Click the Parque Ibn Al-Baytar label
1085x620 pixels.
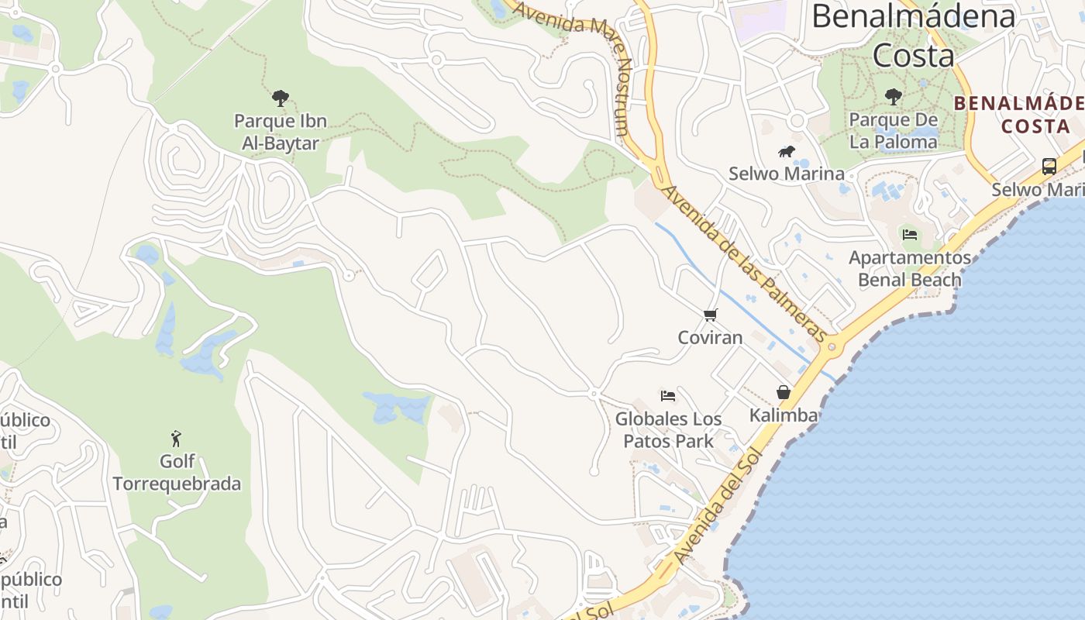[281, 132]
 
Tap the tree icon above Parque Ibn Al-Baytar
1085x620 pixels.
[281, 98]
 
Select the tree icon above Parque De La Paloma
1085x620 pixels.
[894, 97]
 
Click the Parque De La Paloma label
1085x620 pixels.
[893, 131]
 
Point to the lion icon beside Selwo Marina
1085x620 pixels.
[786, 151]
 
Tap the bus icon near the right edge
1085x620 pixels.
[1049, 166]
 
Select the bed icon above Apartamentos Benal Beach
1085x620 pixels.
[910, 234]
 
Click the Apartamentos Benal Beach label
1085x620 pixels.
[910, 268]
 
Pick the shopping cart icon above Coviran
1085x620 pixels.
[710, 315]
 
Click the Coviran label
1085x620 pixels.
[710, 338]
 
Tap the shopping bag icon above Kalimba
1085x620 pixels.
[784, 392]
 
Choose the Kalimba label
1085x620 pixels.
[784, 415]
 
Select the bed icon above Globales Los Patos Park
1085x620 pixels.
[667, 396]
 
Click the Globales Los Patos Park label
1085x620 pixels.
[668, 430]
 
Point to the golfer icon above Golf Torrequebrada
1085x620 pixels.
[177, 439]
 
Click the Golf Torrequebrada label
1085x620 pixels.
[177, 473]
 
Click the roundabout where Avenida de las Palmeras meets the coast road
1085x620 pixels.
[832, 346]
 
